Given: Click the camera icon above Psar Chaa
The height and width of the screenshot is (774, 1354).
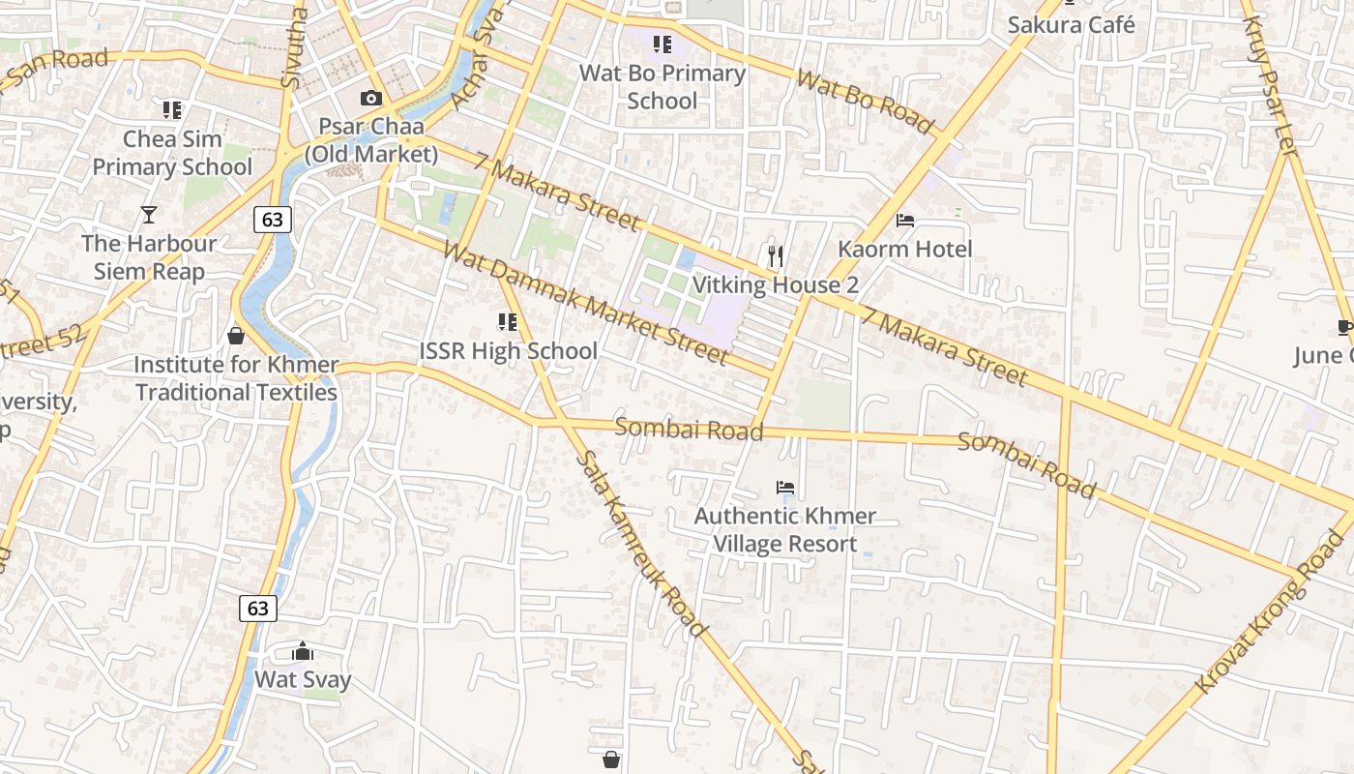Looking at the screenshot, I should (x=370, y=98).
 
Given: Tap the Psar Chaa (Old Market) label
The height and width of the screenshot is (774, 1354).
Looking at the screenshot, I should (x=371, y=140).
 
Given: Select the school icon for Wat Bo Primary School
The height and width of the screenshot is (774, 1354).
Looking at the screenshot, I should (x=662, y=44).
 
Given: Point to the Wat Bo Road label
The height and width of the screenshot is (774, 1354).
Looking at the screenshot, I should (x=866, y=102).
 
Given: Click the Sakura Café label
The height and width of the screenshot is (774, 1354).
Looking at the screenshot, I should (x=1071, y=24).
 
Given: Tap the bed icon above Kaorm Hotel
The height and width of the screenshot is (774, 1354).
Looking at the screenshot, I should (x=905, y=221).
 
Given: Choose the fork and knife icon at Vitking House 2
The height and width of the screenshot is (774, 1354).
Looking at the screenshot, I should (x=775, y=256).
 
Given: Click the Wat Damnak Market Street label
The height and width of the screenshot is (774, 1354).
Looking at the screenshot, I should (x=584, y=303).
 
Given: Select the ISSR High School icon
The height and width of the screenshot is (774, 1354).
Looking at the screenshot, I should (x=508, y=322).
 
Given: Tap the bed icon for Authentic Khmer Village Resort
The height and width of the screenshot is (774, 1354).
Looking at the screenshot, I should (x=785, y=488).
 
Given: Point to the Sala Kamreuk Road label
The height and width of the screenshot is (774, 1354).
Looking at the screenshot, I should (x=641, y=544).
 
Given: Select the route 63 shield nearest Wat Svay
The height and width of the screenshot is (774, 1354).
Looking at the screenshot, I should (x=257, y=608).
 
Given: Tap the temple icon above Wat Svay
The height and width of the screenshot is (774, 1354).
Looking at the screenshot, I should (x=303, y=651).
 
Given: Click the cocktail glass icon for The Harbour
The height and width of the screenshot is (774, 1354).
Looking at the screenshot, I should (x=149, y=214).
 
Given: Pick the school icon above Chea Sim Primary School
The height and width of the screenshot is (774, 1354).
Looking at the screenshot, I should (x=172, y=110).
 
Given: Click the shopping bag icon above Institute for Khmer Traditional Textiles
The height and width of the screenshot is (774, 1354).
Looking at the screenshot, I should (x=235, y=336).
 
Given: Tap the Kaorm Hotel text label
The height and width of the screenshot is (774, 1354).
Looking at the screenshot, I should (x=904, y=249).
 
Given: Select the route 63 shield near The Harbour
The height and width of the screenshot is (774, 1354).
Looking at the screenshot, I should (x=273, y=220).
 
